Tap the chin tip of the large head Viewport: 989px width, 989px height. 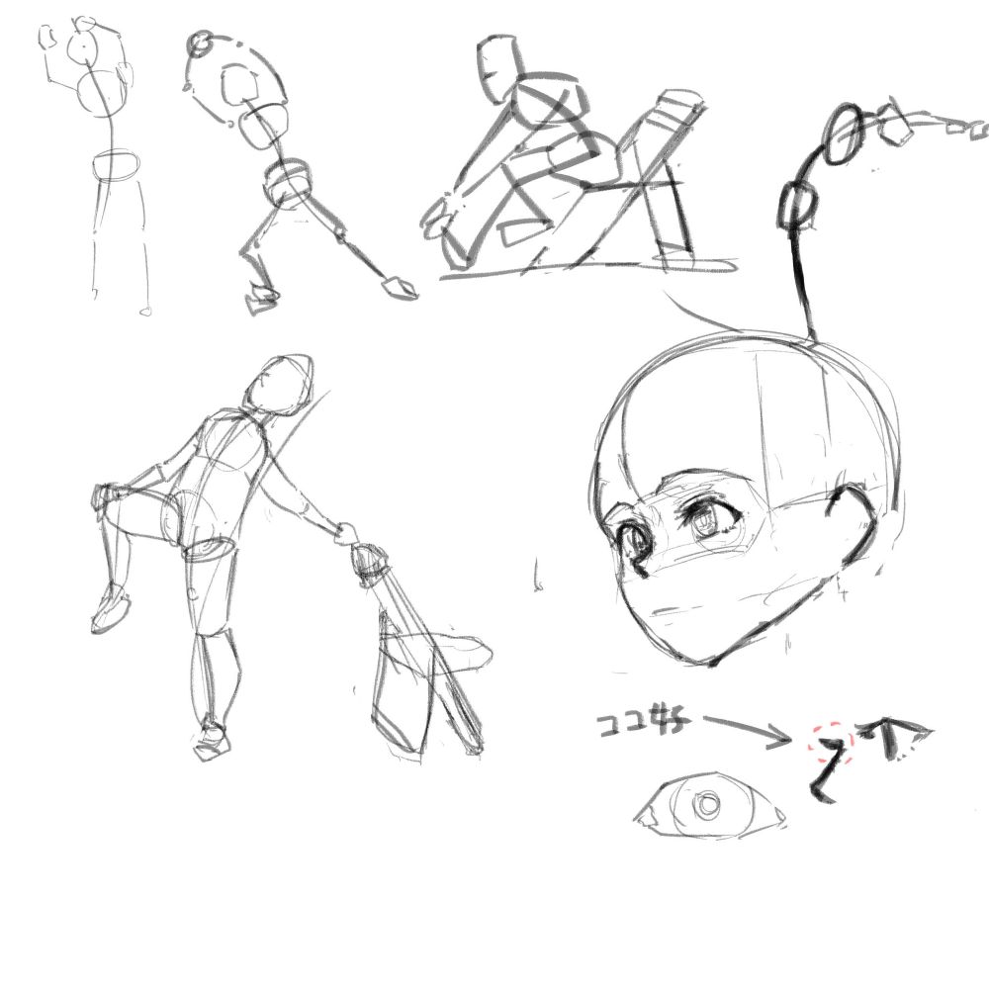(705, 661)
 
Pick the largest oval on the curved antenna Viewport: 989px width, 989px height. (844, 135)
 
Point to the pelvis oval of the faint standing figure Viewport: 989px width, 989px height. (117, 165)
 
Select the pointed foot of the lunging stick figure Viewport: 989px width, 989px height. (399, 288)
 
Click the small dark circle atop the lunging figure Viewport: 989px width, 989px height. (199, 43)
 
